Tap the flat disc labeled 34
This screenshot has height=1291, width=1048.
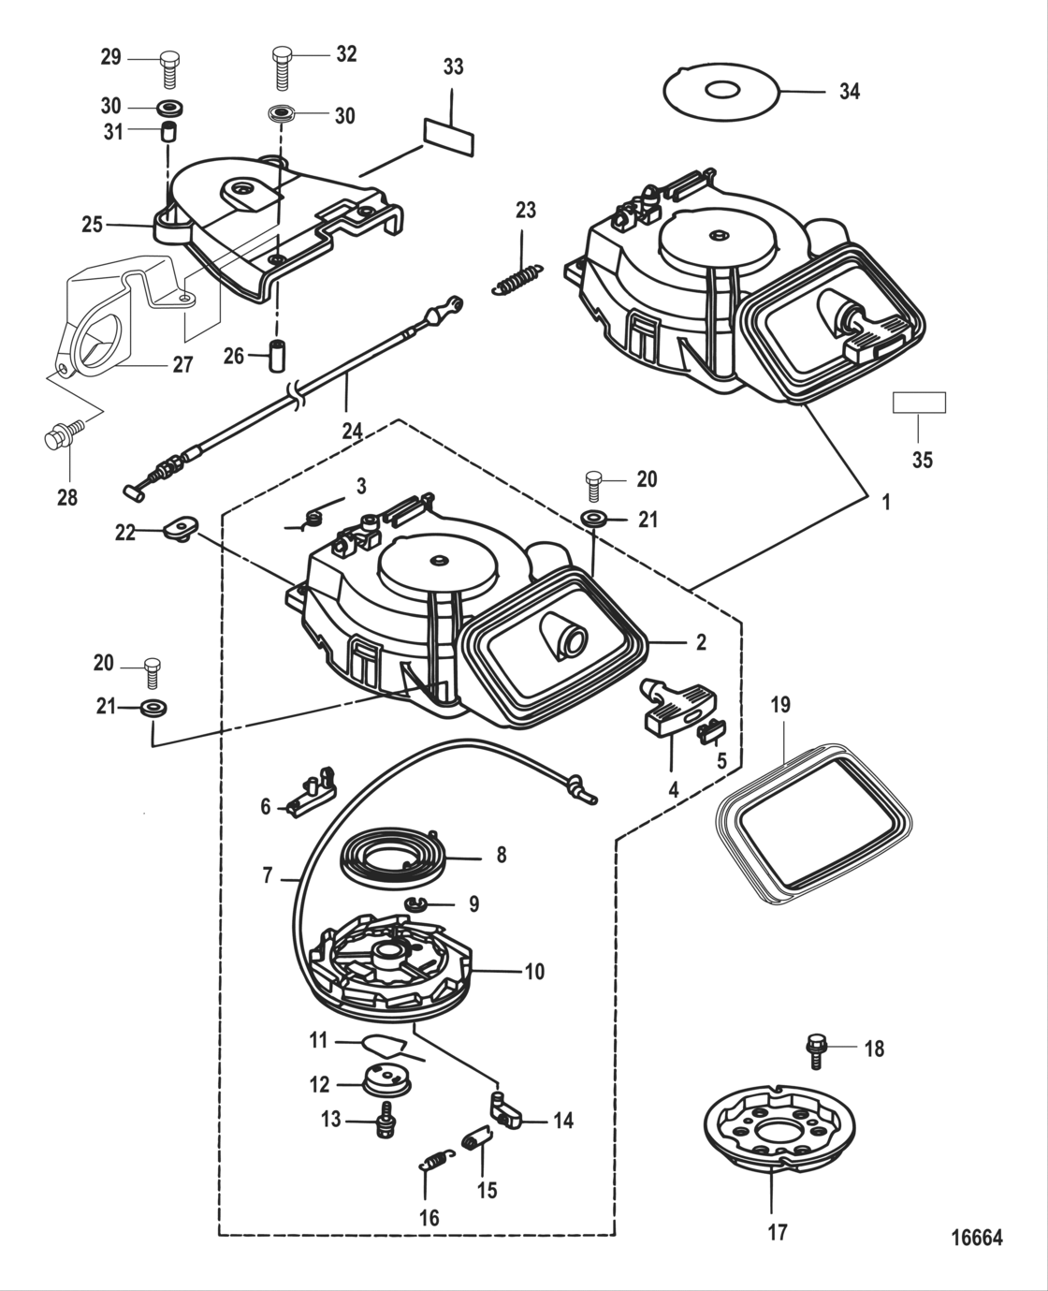(x=721, y=92)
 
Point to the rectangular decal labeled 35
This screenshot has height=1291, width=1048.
(x=919, y=403)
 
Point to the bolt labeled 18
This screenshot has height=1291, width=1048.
(x=814, y=1049)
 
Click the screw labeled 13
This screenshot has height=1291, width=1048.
(x=383, y=1119)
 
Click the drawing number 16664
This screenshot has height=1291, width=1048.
(x=976, y=1238)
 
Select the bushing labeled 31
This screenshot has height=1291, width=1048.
(x=169, y=131)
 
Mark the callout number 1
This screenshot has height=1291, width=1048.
(x=885, y=503)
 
